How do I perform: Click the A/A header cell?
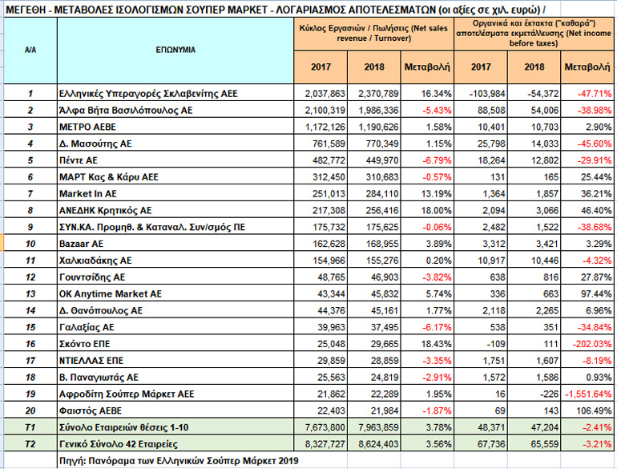(x=30, y=49)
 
